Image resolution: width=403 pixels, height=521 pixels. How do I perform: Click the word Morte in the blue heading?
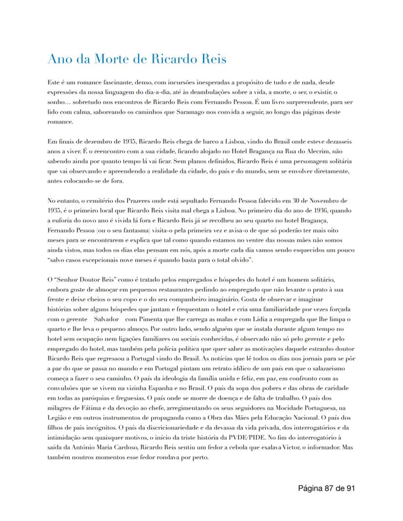coord(106,59)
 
